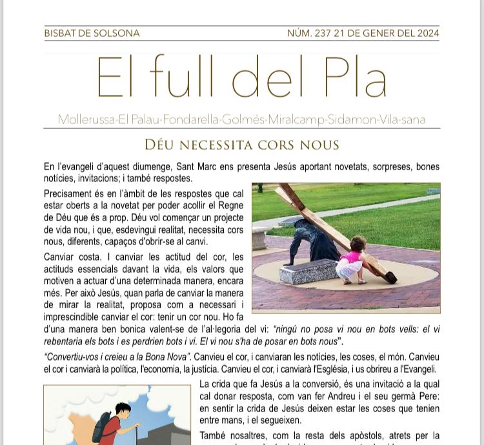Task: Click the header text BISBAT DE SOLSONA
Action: point(92,34)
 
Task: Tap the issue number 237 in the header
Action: point(322,34)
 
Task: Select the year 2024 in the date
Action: point(426,34)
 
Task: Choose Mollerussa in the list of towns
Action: point(86,120)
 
